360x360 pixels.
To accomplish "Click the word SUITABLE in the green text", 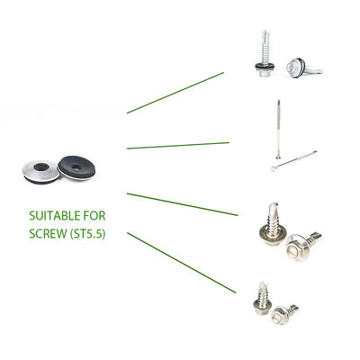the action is coord(55,216).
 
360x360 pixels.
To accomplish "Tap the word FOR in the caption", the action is coord(94,216).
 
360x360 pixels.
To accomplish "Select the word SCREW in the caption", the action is coord(48,234).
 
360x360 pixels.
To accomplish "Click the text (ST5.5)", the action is coord(87,234).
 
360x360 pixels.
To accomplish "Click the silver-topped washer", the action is coord(40,172).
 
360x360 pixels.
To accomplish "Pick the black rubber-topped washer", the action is coord(76,167).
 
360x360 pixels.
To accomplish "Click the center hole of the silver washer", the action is coord(41,166).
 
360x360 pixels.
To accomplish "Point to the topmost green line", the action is coord(175,93).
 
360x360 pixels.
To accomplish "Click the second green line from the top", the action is coord(178,146).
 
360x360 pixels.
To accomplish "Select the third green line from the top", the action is coord(183,204).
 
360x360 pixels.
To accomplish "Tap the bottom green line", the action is coord(182,263).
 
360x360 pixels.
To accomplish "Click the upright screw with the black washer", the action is coord(265,53).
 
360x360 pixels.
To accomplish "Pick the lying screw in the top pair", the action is coord(303,68).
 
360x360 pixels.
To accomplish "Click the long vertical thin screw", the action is coord(279,129).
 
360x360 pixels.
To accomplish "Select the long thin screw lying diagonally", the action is coord(293,161).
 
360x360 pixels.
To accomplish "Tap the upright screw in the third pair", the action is coord(273,224).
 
